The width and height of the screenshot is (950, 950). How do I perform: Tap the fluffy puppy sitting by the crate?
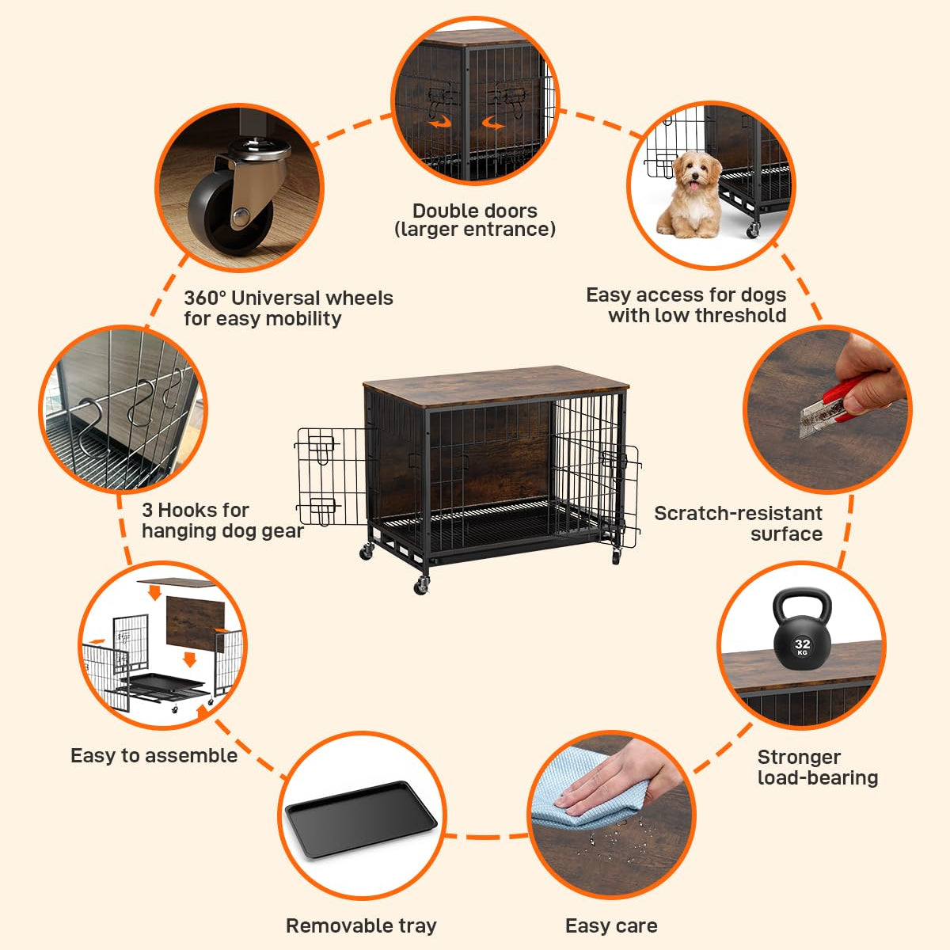pos(690,194)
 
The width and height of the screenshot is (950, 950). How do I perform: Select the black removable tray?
pos(361,819)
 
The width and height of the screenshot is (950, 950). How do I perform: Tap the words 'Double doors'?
pos(475,211)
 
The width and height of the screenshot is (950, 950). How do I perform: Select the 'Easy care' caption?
pos(611,925)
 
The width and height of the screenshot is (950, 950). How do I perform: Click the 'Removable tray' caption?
pos(361,925)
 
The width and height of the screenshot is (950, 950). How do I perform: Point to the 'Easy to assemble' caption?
pos(154,755)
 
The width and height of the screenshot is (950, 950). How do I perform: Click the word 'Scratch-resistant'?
pos(738,513)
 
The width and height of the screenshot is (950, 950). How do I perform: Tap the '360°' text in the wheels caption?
pos(205,298)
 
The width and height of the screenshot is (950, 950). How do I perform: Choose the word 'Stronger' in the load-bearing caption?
pos(799,757)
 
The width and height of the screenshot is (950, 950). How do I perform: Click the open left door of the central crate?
pos(332,477)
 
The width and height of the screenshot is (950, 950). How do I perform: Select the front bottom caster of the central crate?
pos(421,586)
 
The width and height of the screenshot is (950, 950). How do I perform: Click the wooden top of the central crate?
pos(496,386)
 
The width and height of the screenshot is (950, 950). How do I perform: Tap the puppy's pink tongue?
pos(694,186)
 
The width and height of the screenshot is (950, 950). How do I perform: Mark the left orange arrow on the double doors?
pos(439,122)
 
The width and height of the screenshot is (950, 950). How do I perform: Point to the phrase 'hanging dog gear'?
pos(222,531)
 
